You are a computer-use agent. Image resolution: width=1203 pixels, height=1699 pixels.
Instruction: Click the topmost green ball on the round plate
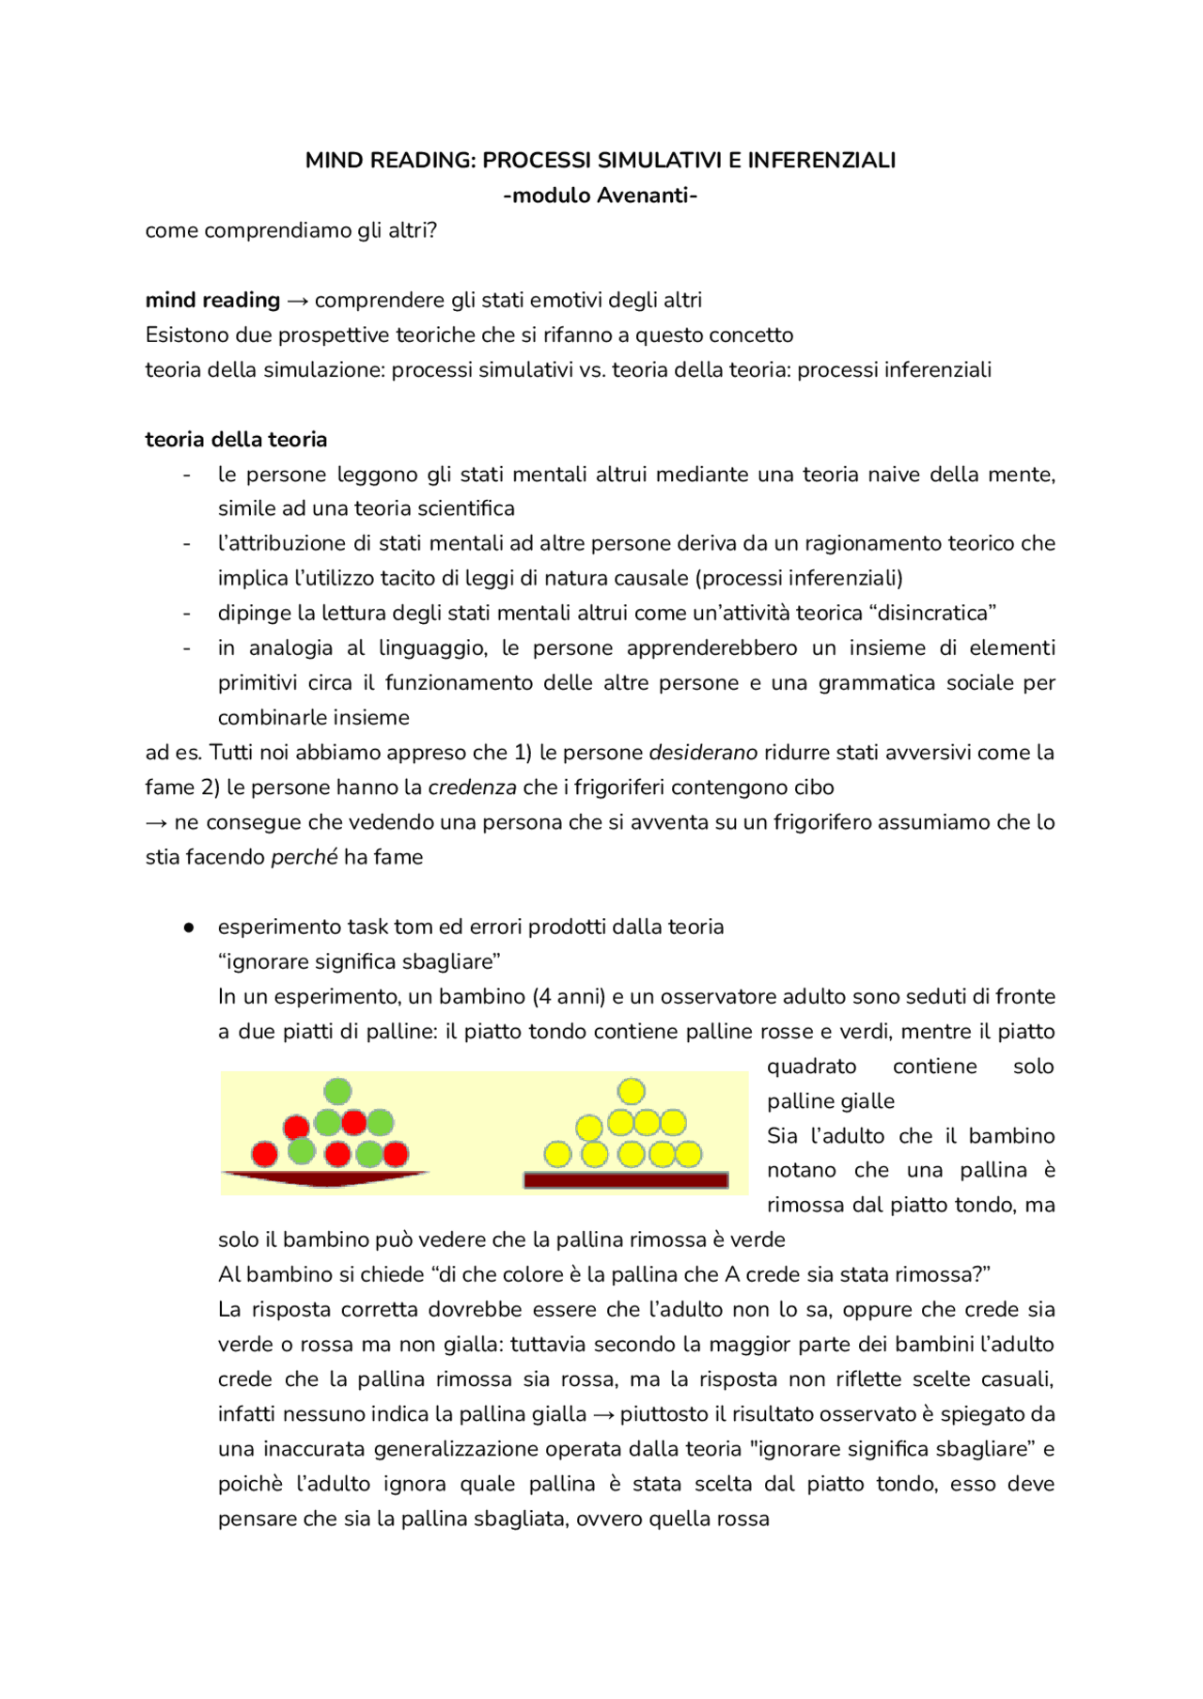[x=337, y=1091]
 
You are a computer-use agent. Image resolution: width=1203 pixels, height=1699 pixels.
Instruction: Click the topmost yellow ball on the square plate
[x=632, y=1091]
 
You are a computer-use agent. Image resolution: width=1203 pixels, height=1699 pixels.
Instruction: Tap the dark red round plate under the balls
[x=325, y=1177]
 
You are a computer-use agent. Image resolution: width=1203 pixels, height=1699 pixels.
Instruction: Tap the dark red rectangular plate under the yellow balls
[x=626, y=1180]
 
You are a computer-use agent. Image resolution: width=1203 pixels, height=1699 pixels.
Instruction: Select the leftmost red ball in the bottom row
[x=265, y=1153]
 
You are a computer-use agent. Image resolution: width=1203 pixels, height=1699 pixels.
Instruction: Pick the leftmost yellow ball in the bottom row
[x=558, y=1154]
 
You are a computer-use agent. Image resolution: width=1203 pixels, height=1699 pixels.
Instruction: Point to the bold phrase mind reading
[x=212, y=300]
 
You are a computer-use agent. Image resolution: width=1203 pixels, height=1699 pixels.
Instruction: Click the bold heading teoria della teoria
[x=236, y=440]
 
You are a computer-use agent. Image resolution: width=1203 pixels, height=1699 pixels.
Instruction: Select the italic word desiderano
[x=703, y=753]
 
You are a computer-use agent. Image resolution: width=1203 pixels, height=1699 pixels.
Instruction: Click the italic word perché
[x=304, y=857]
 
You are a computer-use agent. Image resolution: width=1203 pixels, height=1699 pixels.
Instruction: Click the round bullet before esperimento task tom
[x=189, y=927]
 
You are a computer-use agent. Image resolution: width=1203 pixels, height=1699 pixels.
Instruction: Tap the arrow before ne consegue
[x=156, y=823]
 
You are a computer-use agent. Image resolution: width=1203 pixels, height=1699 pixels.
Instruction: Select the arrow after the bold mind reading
[x=297, y=301]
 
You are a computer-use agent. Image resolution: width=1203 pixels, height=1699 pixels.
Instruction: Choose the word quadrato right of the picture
[x=811, y=1067]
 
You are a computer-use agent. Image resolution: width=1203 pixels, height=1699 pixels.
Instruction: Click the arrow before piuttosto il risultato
[x=603, y=1415]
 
